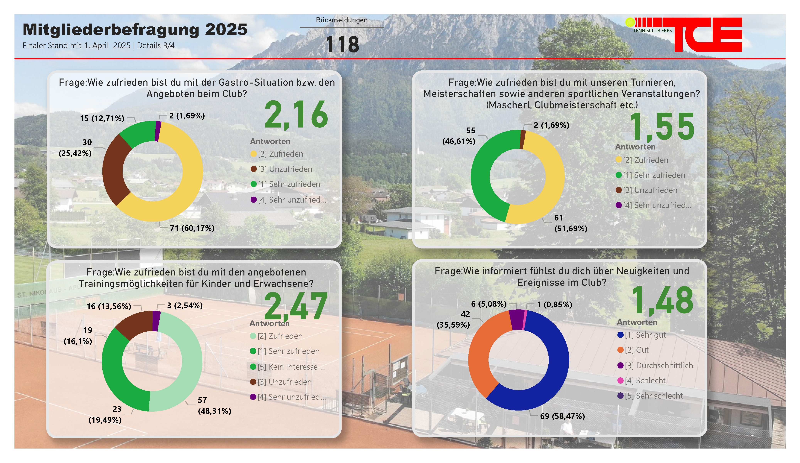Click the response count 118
click(342, 45)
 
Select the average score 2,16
click(296, 115)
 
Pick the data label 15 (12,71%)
click(102, 118)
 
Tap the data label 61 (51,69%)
click(570, 223)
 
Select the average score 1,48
click(662, 300)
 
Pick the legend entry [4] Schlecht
click(644, 380)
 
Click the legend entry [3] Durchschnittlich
click(659, 365)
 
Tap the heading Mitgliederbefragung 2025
click(135, 30)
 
